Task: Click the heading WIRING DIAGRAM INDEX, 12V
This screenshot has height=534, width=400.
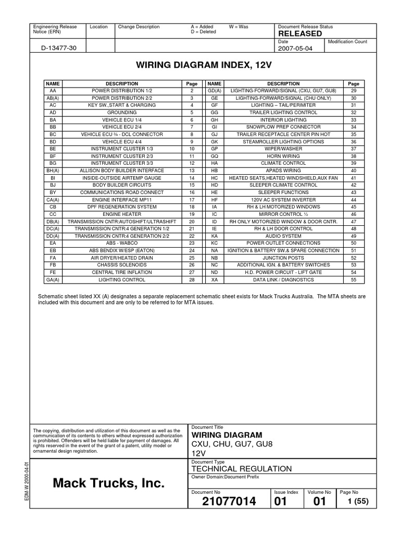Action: click(x=201, y=66)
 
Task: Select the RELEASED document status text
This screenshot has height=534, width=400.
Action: click(x=301, y=33)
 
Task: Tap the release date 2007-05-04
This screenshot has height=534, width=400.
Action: click(x=295, y=48)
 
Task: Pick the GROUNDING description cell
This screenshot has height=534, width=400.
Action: click(x=121, y=112)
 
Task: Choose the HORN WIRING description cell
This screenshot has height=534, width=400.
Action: click(x=283, y=156)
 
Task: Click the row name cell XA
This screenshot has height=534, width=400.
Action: click(x=214, y=280)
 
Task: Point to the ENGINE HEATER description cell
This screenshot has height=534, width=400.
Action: click(x=121, y=214)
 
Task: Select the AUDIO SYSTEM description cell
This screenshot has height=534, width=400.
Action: click(x=283, y=236)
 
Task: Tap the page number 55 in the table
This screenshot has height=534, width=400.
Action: click(x=353, y=280)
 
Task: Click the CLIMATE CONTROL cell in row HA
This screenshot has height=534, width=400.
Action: click(x=283, y=163)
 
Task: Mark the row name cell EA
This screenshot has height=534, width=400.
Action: click(x=53, y=243)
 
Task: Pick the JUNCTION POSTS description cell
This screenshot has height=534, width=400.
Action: click(x=283, y=258)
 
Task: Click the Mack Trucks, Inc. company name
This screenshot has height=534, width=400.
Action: click(x=108, y=484)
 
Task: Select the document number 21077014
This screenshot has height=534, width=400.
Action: click(x=229, y=502)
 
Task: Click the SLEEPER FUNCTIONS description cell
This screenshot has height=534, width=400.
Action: click(x=283, y=192)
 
